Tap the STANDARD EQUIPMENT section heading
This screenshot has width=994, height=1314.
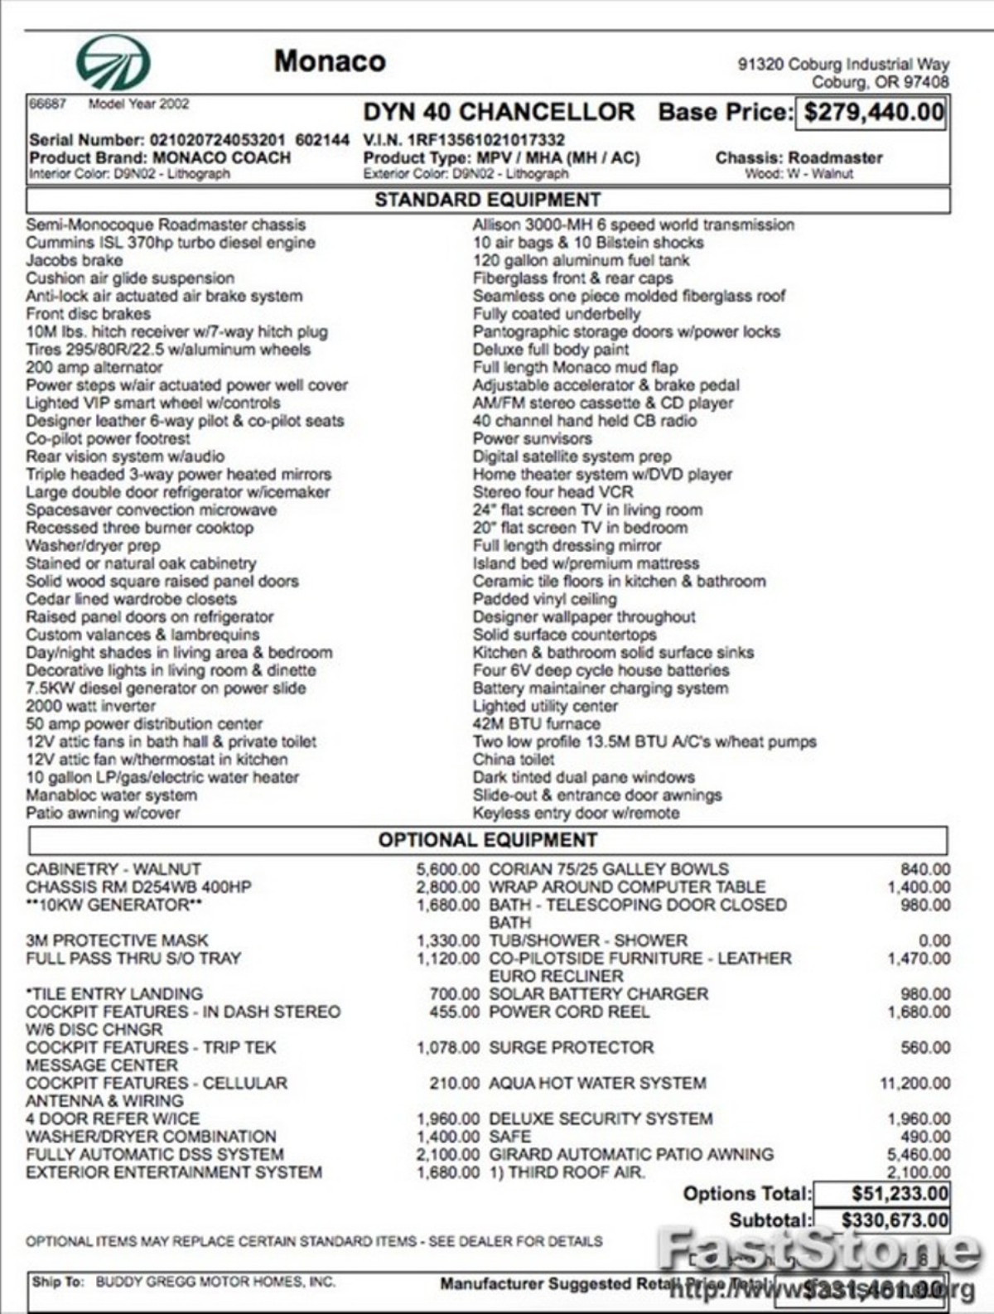pyautogui.click(x=487, y=200)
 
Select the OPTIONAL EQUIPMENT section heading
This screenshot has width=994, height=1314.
pyautogui.click(x=487, y=839)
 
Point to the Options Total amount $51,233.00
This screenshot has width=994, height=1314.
pyautogui.click(x=900, y=1193)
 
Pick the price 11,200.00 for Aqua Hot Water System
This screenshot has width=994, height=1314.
pyautogui.click(x=914, y=1083)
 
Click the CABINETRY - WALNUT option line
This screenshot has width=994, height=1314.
pyautogui.click(x=113, y=869)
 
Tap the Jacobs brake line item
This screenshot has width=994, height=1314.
pyautogui.click(x=74, y=260)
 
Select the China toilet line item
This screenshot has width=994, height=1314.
pyautogui.click(x=514, y=759)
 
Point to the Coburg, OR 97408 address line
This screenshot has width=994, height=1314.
pyautogui.click(x=880, y=82)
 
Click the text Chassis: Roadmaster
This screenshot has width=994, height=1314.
pyautogui.click(x=799, y=157)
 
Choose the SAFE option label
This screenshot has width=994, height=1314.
pyautogui.click(x=509, y=1137)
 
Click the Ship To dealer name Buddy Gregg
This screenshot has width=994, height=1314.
pyautogui.click(x=215, y=1282)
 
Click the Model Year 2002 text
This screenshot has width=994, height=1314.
pyautogui.click(x=138, y=104)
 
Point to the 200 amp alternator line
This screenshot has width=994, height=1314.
pyautogui.click(x=94, y=367)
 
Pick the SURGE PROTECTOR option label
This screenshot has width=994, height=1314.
pyautogui.click(x=571, y=1047)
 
